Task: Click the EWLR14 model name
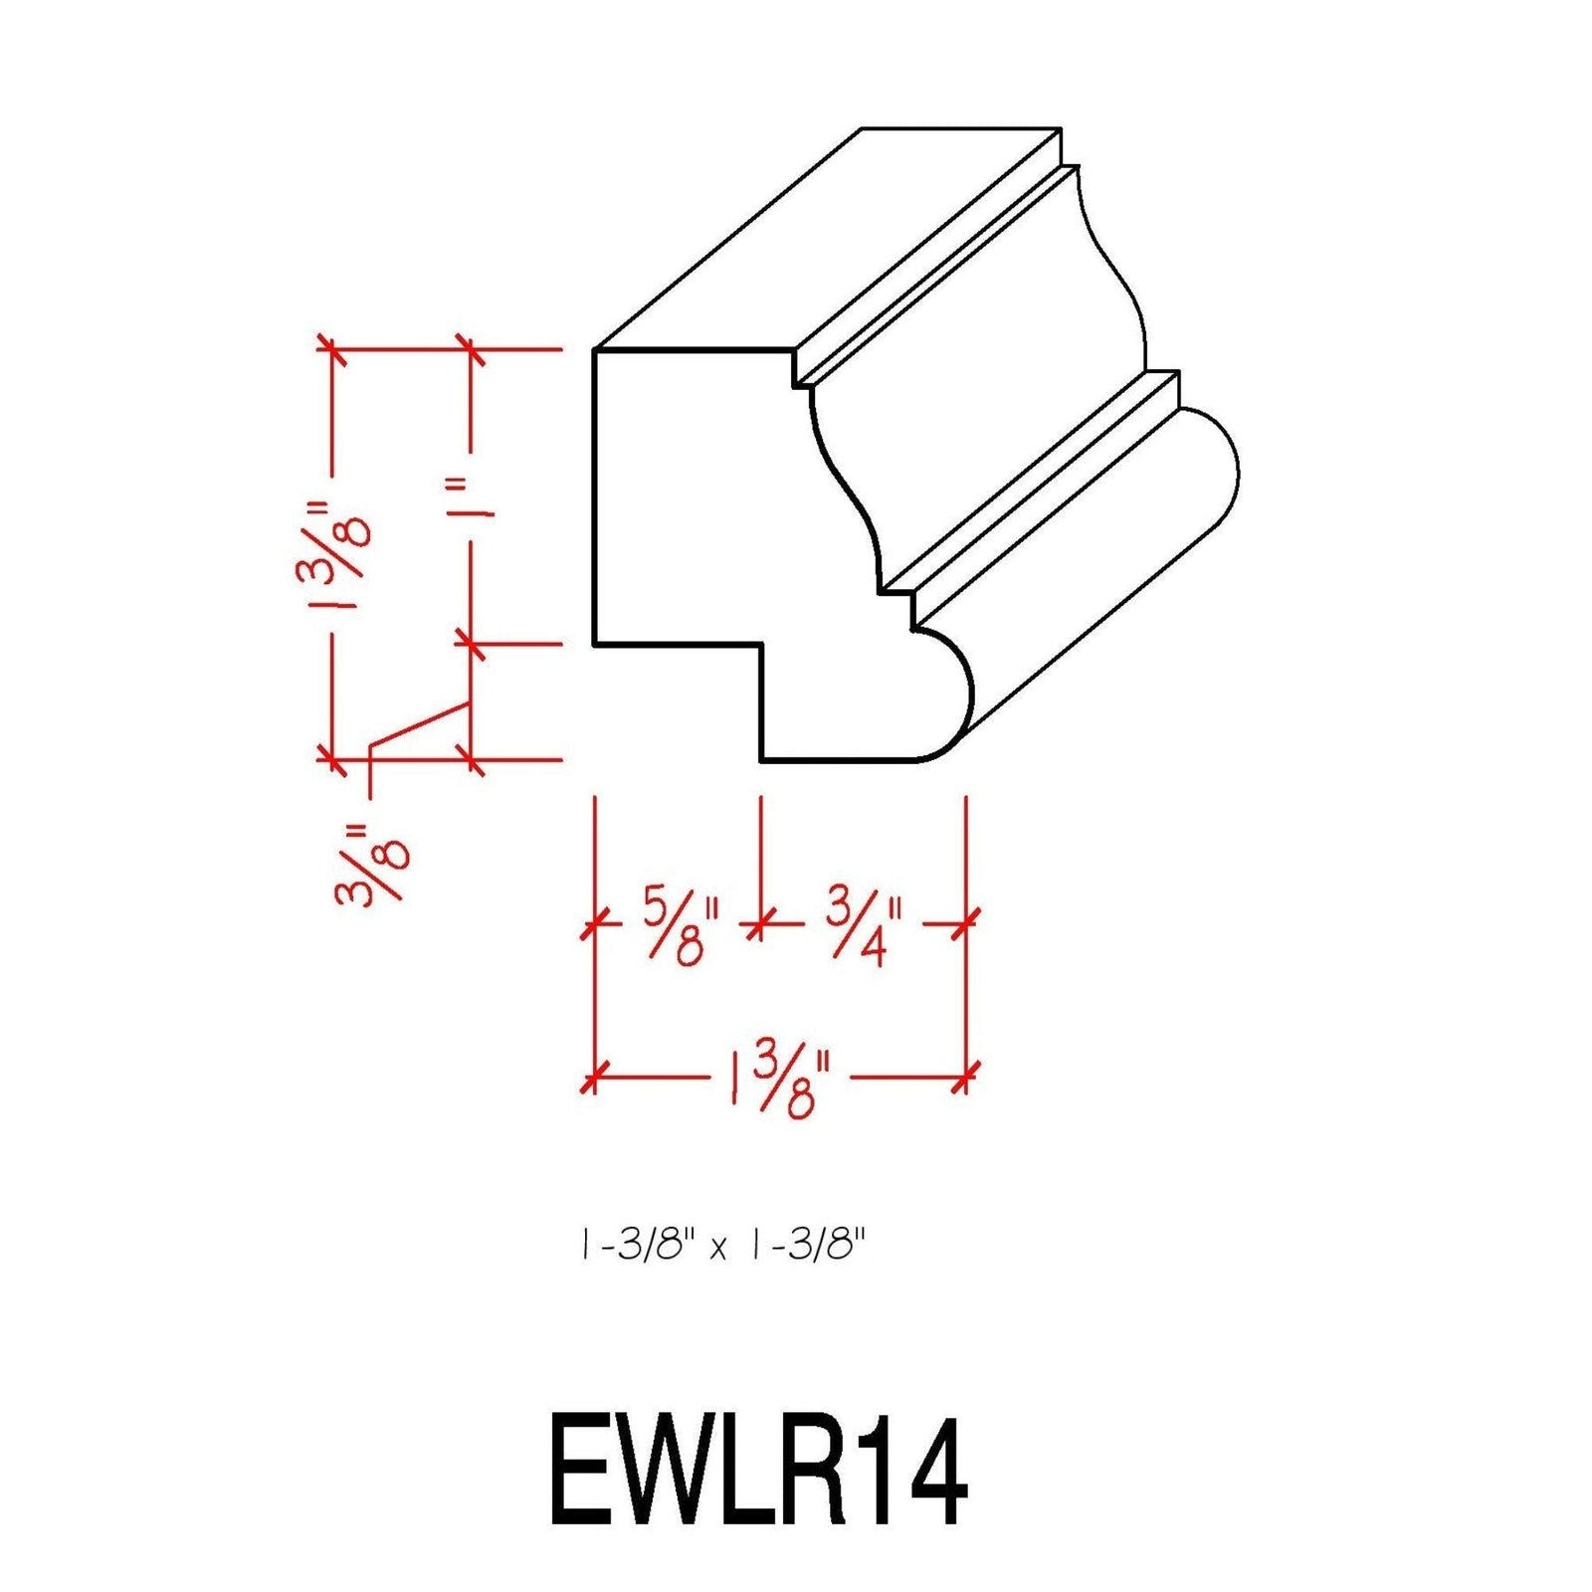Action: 758,1473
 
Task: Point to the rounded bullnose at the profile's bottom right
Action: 945,696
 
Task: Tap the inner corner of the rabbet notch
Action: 761,645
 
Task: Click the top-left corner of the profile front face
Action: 595,350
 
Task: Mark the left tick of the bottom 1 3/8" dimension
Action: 594,1078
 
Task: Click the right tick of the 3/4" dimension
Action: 965,924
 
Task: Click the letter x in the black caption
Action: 718,1249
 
